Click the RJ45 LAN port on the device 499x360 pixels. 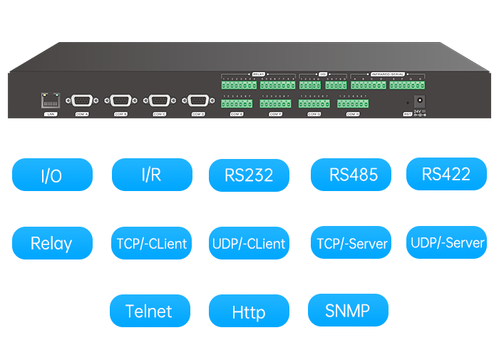coord(50,101)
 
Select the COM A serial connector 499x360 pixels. coord(82,101)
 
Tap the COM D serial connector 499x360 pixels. coord(197,101)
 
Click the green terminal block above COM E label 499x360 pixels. coord(237,103)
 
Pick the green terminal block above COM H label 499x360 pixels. coord(352,103)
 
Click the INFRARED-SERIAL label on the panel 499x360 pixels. coord(388,73)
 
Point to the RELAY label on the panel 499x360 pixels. coord(258,73)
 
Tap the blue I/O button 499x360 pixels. coord(52,175)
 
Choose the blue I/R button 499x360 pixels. coord(152,175)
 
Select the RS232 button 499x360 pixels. coord(249,175)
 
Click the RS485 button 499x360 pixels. coord(354,175)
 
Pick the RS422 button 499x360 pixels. coord(446,174)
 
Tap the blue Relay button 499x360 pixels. coord(52,243)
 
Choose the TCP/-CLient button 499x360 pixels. coord(152,243)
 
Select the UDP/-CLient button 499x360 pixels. coord(249,244)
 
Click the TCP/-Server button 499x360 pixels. coord(352,243)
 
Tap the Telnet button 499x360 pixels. coord(150,311)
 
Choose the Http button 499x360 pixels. coord(249,312)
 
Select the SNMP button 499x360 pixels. coord(347,310)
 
